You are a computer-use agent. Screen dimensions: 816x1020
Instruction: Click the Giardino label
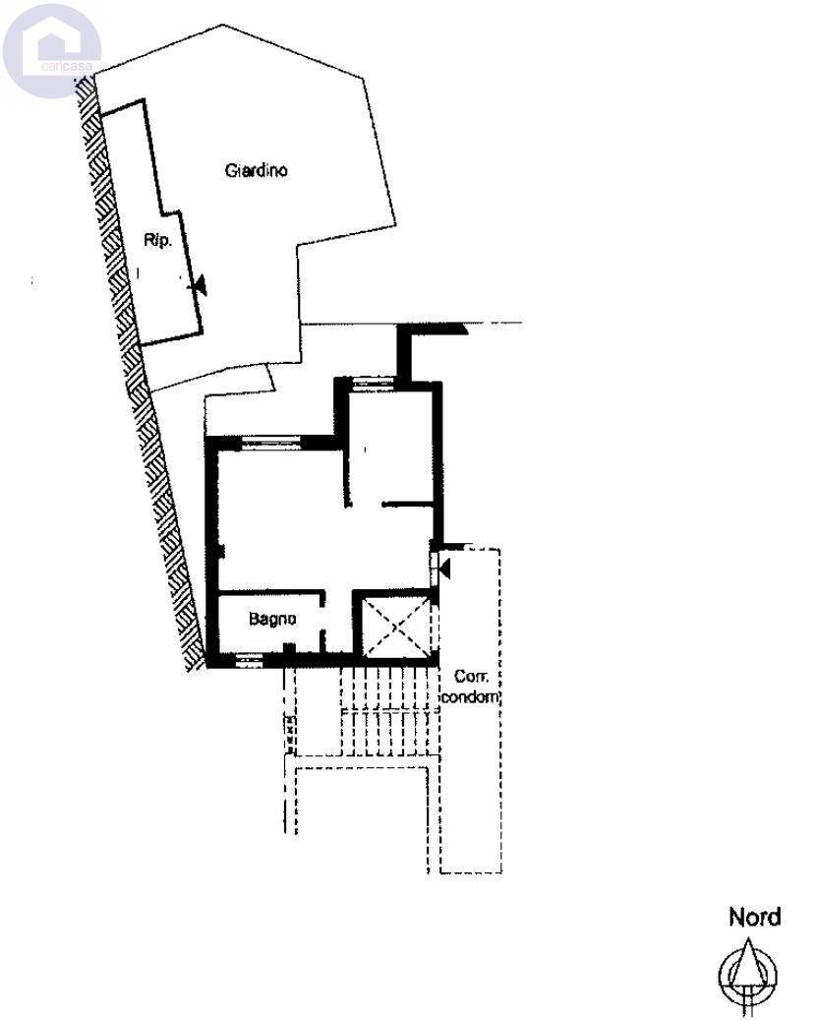click(x=257, y=170)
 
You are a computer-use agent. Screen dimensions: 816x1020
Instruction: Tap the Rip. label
click(x=157, y=241)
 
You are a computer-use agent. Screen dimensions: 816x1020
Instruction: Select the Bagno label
click(x=272, y=619)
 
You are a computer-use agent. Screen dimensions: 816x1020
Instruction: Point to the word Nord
click(x=754, y=918)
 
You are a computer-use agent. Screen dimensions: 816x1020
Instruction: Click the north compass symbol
click(x=748, y=974)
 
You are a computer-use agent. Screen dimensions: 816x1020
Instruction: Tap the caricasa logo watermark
click(x=52, y=51)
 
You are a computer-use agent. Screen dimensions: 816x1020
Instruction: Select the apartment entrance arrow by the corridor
click(x=444, y=570)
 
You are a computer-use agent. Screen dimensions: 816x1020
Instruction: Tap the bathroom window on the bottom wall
click(x=249, y=661)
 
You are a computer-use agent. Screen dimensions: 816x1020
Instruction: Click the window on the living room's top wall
click(x=271, y=443)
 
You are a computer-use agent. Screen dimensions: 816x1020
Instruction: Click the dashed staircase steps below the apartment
click(x=390, y=711)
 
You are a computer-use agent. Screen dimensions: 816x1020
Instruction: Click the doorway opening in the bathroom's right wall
click(x=321, y=618)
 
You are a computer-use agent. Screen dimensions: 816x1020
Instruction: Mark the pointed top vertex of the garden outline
click(x=224, y=25)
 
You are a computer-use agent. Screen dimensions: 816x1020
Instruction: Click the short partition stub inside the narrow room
click(x=407, y=504)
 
